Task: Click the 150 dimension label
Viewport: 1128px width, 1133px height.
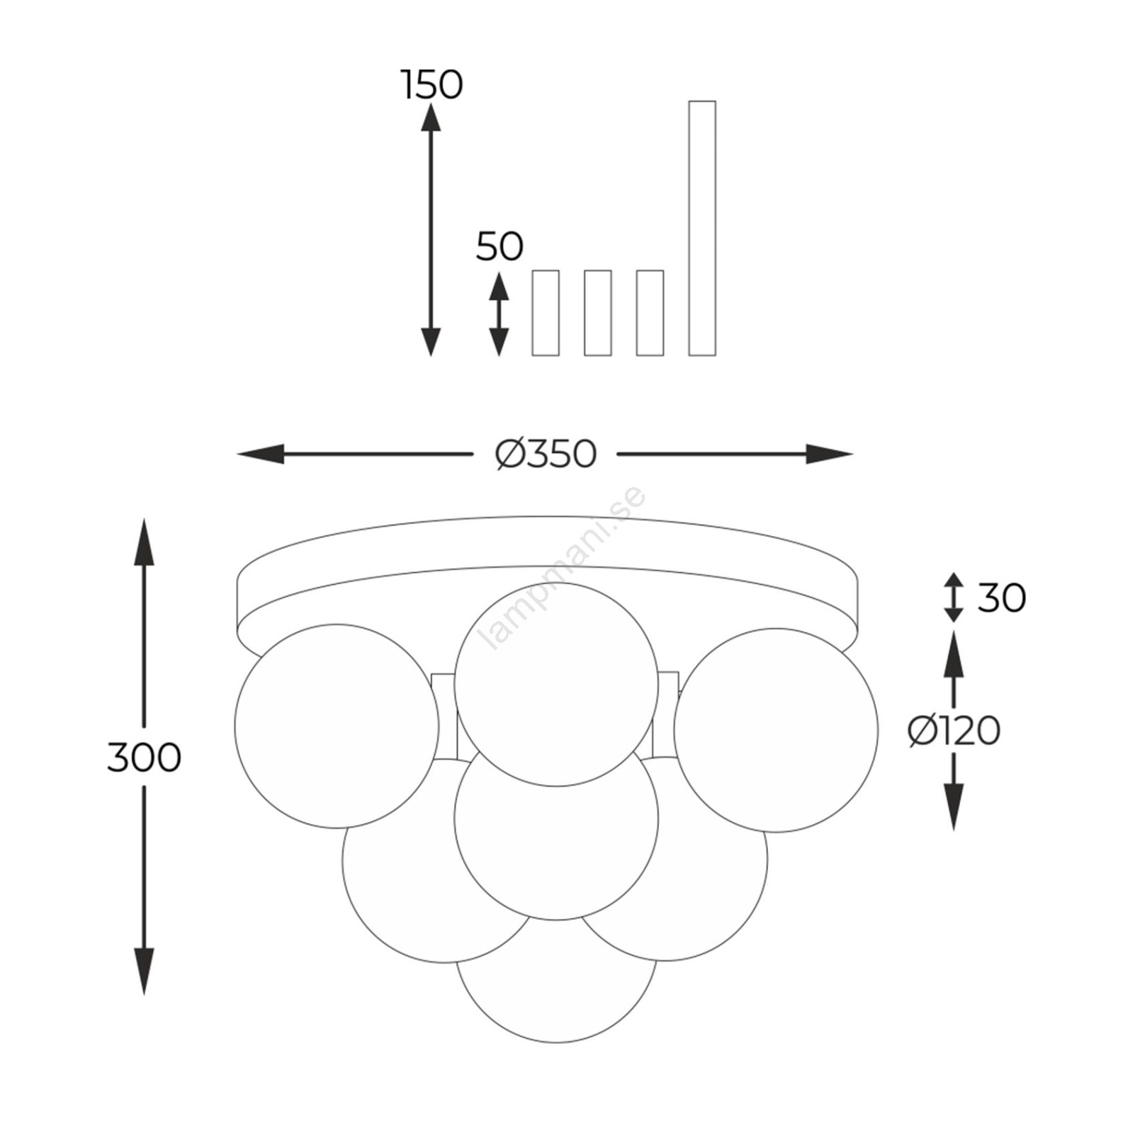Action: [x=432, y=85]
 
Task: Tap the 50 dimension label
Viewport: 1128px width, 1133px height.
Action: [x=500, y=246]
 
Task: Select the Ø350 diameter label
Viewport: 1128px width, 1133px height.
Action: [x=546, y=454]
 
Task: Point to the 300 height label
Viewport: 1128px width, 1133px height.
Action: [x=144, y=757]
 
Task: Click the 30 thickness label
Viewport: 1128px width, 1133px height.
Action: [x=1002, y=598]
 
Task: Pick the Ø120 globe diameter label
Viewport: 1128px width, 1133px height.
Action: [x=954, y=731]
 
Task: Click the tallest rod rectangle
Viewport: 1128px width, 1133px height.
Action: [x=702, y=228]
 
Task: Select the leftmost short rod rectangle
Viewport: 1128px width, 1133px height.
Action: [x=546, y=313]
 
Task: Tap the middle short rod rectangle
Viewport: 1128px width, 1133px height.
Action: [x=598, y=313]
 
